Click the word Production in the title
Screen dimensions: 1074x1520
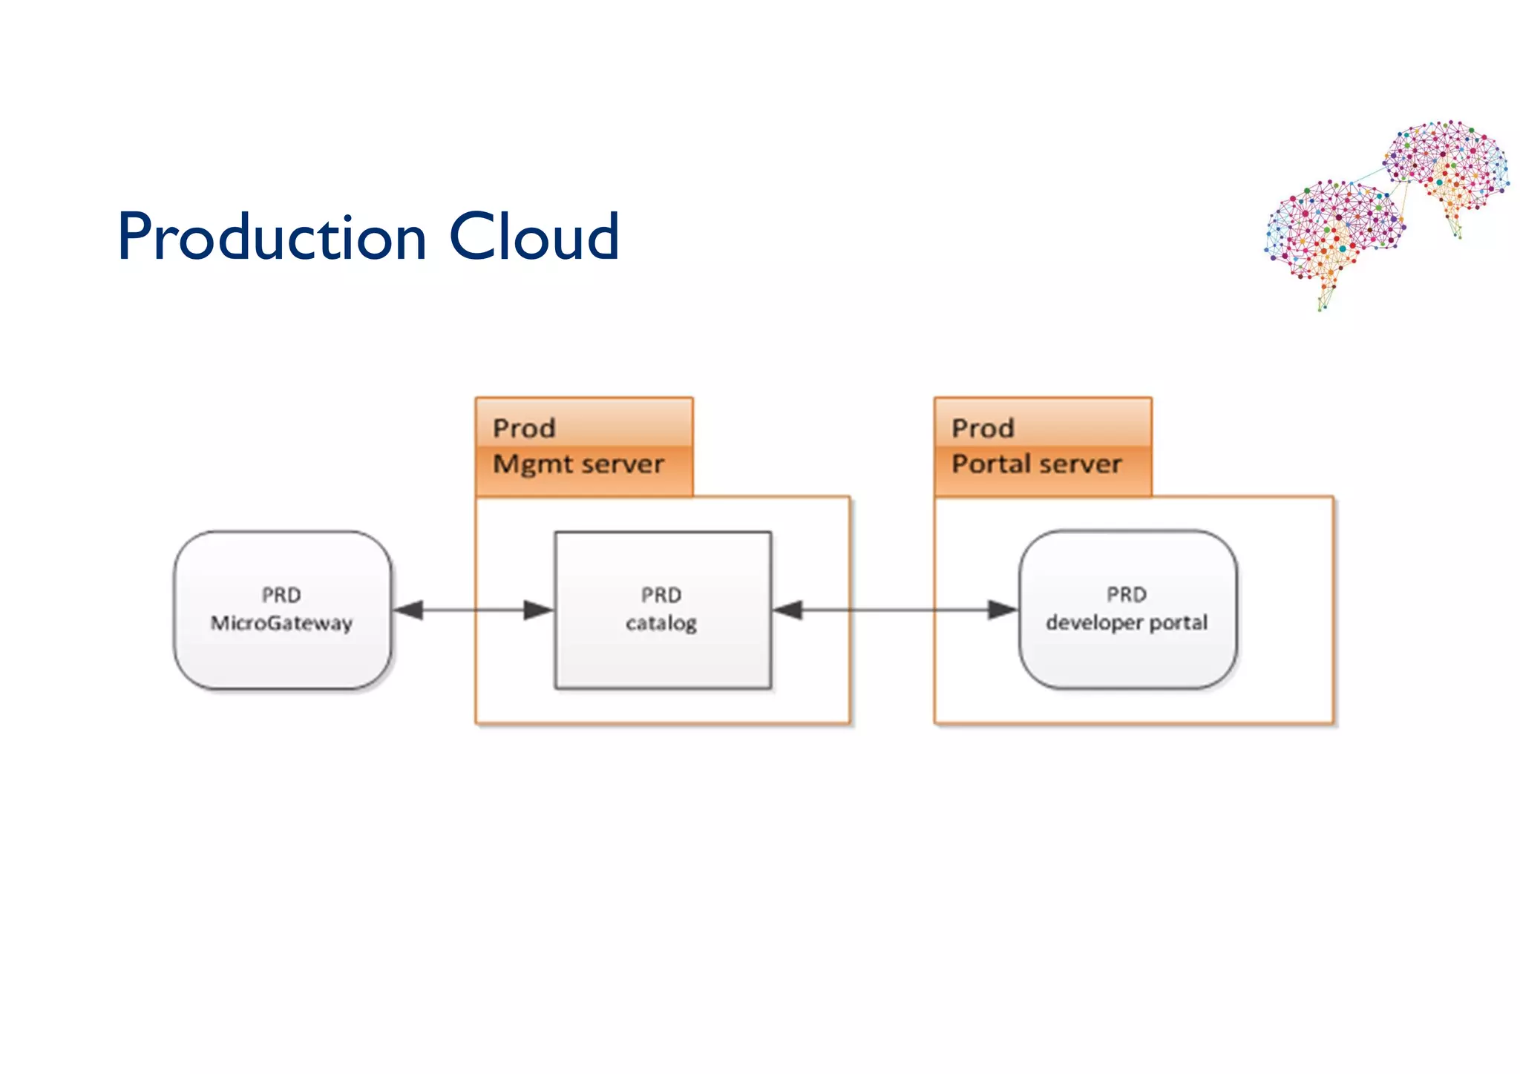[272, 237]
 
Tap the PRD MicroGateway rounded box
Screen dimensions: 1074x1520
[282, 653]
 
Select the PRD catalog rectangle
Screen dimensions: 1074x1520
[662, 653]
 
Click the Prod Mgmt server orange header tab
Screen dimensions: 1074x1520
[584, 446]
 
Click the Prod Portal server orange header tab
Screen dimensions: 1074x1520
[1043, 446]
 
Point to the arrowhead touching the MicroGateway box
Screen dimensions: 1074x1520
[408, 610]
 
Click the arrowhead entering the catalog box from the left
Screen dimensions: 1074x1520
[538, 610]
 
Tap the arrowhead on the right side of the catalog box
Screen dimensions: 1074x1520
[788, 610]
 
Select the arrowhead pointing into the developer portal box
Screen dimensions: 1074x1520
[1002, 610]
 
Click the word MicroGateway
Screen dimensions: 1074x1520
[281, 623]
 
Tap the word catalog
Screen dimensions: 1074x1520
[661, 623]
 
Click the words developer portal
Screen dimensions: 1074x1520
[1127, 622]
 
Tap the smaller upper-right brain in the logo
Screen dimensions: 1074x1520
[1447, 167]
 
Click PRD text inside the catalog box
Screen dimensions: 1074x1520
[661, 595]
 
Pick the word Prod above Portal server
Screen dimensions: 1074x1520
[983, 428]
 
